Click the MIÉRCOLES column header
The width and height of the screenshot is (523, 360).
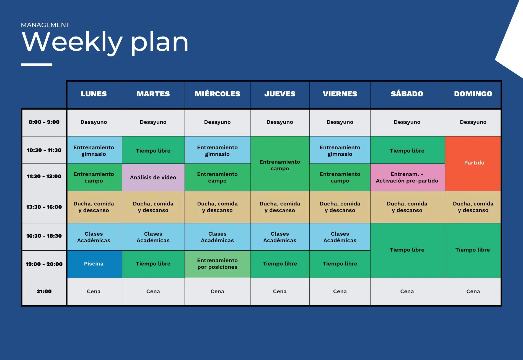[x=218, y=94]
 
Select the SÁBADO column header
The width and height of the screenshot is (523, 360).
[x=407, y=94]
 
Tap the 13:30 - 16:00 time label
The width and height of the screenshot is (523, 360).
[x=44, y=207]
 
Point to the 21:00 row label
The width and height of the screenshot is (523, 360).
[x=44, y=291]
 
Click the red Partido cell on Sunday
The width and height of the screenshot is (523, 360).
[x=473, y=163]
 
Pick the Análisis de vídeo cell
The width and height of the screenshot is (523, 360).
[x=153, y=177]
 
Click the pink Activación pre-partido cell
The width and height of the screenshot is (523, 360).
[x=407, y=177]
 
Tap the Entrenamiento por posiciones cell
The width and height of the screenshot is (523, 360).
[x=218, y=264]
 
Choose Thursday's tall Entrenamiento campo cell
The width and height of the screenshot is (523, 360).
[x=280, y=163]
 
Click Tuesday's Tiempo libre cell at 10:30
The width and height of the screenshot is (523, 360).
[x=153, y=150]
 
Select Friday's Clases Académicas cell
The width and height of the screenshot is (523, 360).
[x=340, y=237]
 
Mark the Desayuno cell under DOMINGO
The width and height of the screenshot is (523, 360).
[x=473, y=122]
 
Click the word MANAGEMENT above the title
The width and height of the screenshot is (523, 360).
[x=45, y=25]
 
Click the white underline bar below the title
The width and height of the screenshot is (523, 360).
[x=37, y=65]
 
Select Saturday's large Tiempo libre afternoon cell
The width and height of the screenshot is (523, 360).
[x=407, y=250]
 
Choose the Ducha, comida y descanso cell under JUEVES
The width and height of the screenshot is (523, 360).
[x=280, y=207]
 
